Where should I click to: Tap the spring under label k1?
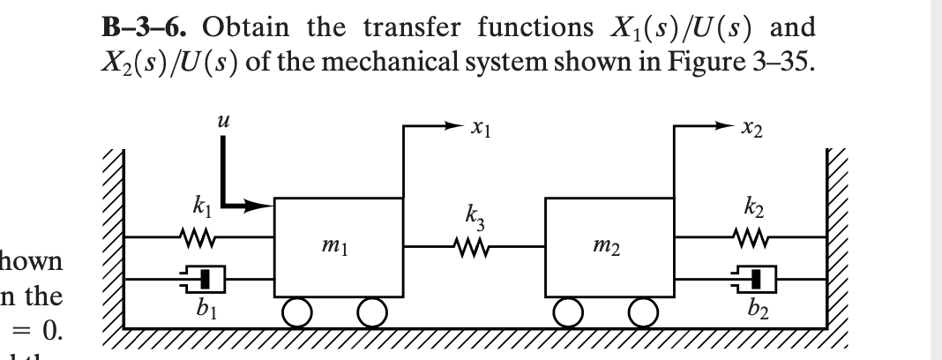click(197, 236)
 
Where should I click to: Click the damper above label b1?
click(199, 278)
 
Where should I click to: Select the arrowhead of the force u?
click(266, 208)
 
